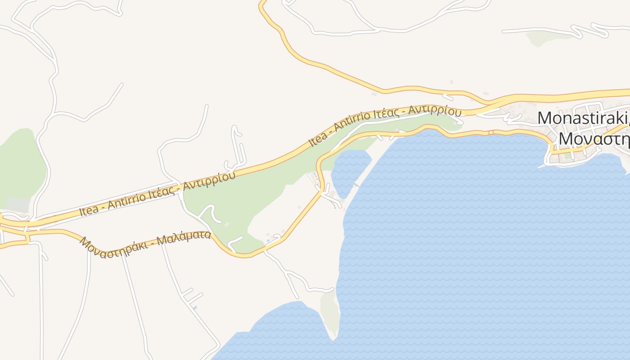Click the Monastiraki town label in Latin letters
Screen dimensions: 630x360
click(x=583, y=118)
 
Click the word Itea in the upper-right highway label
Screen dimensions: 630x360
click(x=318, y=139)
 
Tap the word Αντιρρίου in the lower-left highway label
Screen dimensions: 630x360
click(x=210, y=180)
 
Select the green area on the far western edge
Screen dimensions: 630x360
click(x=20, y=162)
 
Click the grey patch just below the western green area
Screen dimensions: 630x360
click(x=18, y=205)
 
